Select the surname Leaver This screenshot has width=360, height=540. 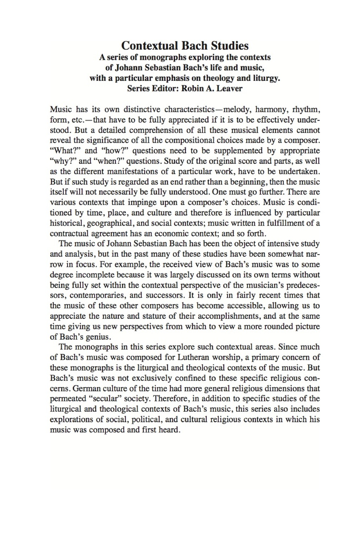point(229,88)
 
